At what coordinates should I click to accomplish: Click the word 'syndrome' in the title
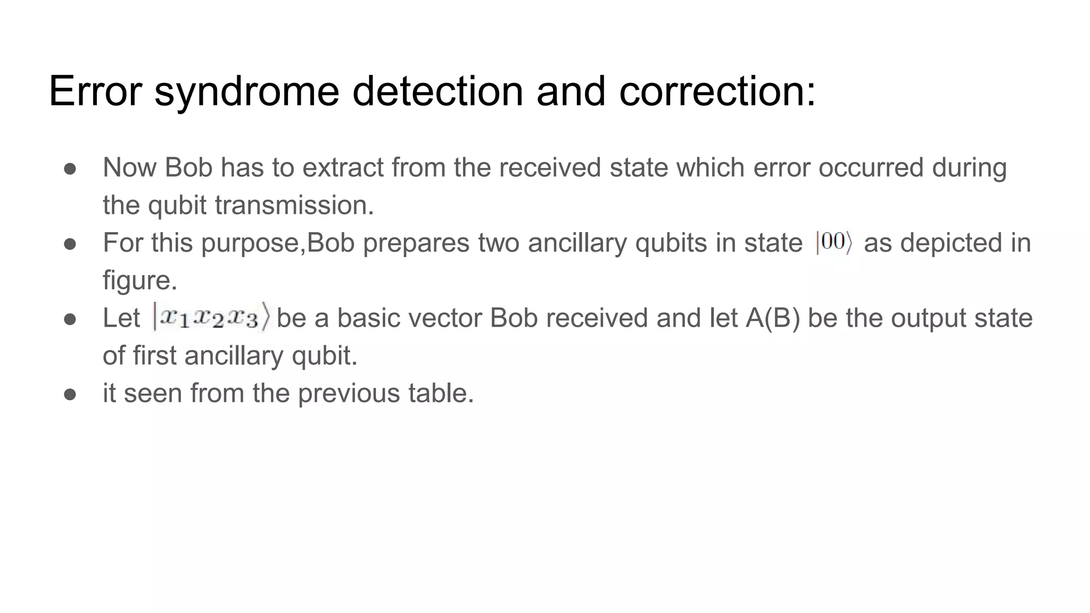pos(246,92)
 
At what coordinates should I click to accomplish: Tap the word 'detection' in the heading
pos(437,92)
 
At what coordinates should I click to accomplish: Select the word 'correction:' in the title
pos(717,92)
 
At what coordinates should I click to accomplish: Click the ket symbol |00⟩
pos(833,243)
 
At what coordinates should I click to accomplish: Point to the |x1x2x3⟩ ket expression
pos(212,318)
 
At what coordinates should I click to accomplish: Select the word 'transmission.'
pos(294,205)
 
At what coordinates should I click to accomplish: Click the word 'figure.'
pos(139,280)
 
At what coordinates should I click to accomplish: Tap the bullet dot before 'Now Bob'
pos(70,169)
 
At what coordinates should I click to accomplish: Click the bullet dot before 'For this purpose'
pos(70,244)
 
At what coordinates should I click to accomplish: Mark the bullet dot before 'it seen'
pos(70,394)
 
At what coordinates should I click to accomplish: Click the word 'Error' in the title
pos(95,92)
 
